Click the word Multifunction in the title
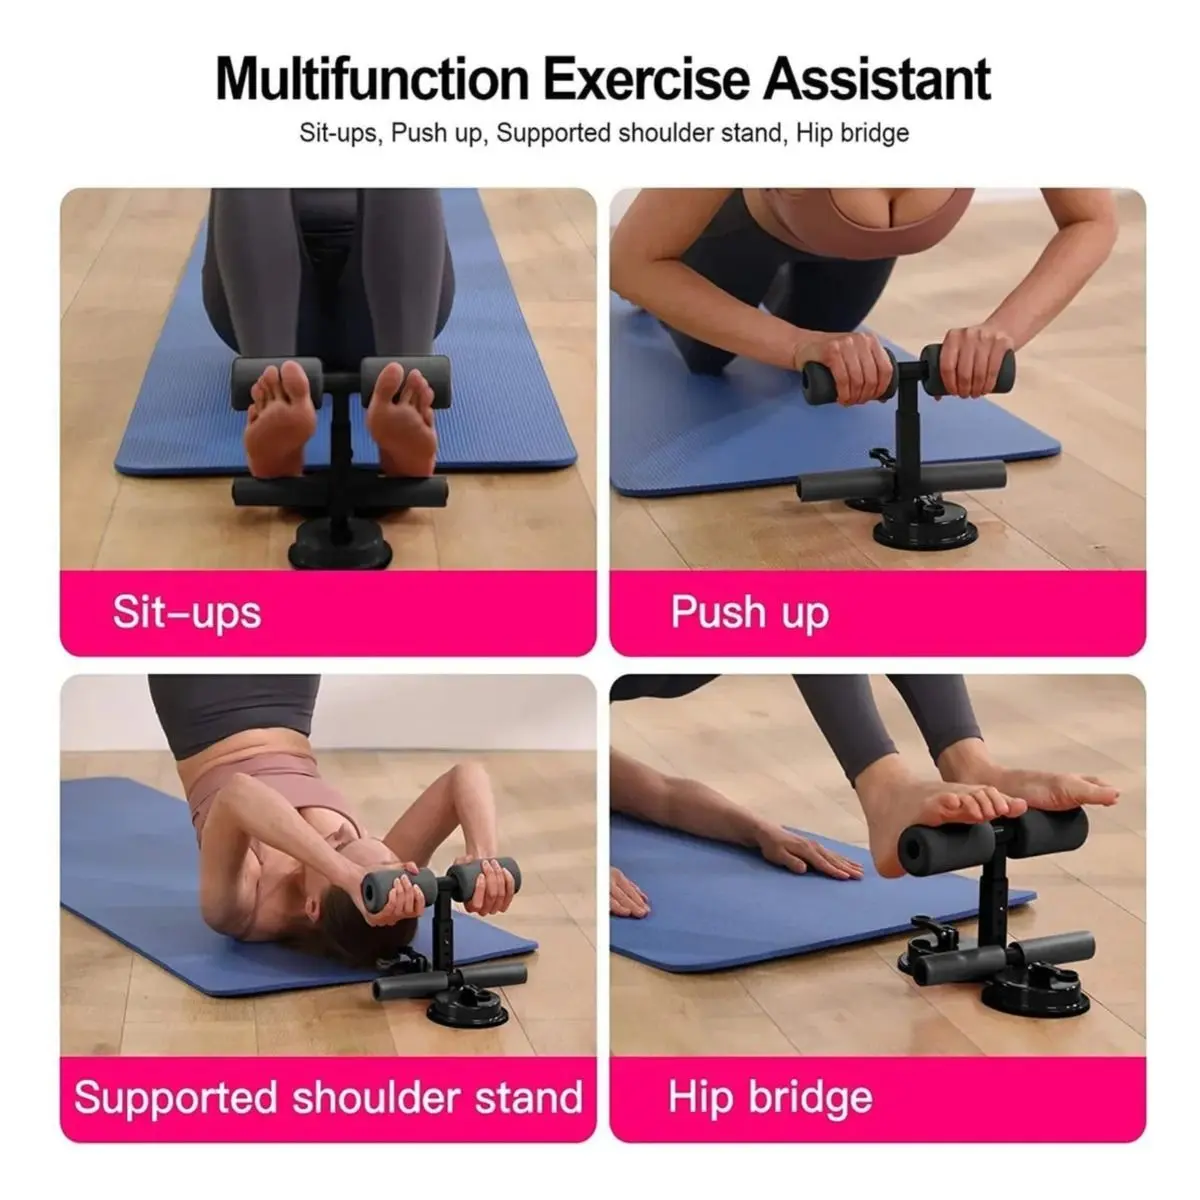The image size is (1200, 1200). pos(372,79)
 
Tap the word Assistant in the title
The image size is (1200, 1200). pos(877,79)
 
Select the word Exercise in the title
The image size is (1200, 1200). pos(647,79)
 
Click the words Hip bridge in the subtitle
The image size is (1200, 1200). pos(852,133)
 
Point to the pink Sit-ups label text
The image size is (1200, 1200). pos(187,613)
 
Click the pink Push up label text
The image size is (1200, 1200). pos(750,613)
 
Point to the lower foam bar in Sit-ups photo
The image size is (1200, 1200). pos(340,491)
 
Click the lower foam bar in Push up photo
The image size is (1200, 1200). pos(902,479)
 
